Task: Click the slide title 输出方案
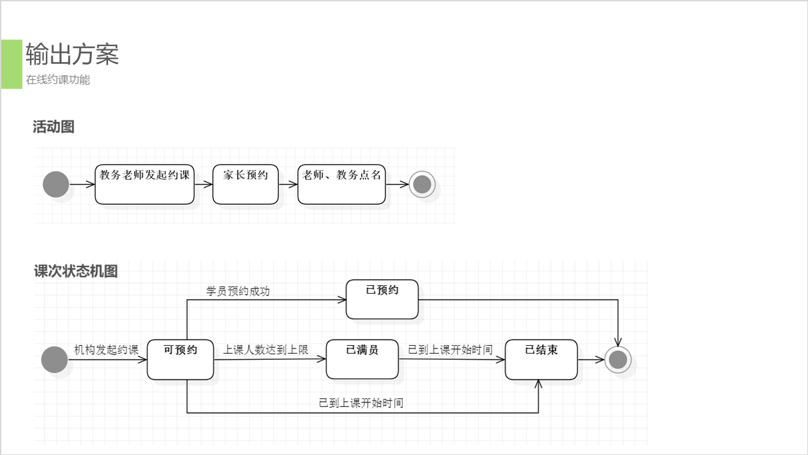click(72, 54)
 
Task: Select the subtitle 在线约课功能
click(58, 80)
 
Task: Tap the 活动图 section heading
click(53, 127)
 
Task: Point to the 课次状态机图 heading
click(76, 271)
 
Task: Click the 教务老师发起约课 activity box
click(145, 184)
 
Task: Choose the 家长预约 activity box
click(245, 184)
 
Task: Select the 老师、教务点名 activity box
click(341, 184)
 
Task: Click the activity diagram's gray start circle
click(56, 185)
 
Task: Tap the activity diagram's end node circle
click(422, 185)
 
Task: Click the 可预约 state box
click(181, 360)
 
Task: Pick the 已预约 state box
click(382, 299)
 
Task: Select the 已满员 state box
click(362, 360)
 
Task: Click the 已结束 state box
click(541, 360)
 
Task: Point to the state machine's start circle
click(55, 360)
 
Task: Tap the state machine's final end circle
click(618, 360)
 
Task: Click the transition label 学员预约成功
click(238, 291)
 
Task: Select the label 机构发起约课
click(106, 350)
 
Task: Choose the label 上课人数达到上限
click(266, 350)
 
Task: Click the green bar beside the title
click(11, 64)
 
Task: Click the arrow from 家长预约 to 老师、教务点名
click(288, 185)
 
